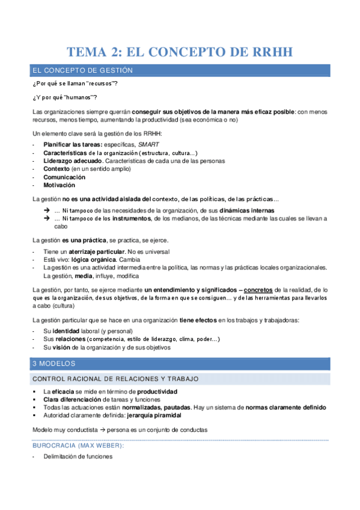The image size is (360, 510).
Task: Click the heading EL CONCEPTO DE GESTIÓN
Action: point(82,71)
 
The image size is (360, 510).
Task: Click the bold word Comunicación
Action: point(64,177)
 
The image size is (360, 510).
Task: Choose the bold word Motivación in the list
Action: point(59,185)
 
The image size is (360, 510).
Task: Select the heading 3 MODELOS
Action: point(52,363)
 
